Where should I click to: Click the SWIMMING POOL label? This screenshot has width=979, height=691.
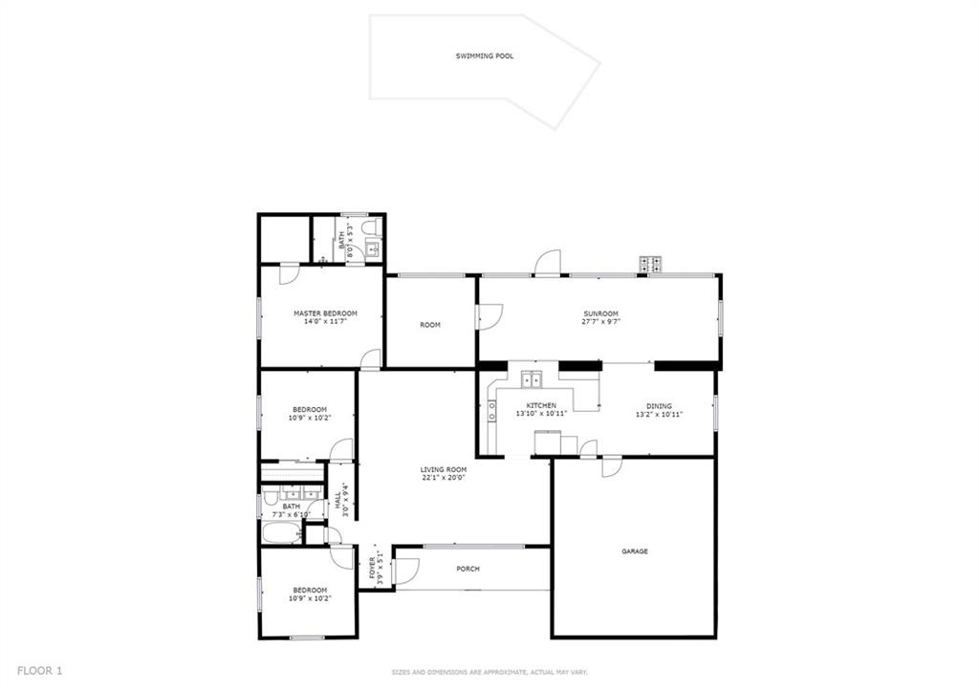[x=485, y=56]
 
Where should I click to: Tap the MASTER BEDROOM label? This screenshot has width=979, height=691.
[x=325, y=313]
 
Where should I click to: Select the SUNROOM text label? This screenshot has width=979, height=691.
[x=600, y=313]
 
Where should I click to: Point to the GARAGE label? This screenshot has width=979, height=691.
[x=635, y=551]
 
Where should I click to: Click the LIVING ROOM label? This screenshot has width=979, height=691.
[x=444, y=469]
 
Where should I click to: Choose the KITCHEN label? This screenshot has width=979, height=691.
[x=541, y=405]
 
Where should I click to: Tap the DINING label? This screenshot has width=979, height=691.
[x=660, y=406]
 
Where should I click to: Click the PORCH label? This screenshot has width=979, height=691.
[x=468, y=569]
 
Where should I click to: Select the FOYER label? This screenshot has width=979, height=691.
[x=373, y=568]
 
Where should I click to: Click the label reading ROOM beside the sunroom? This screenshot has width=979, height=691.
[x=429, y=325]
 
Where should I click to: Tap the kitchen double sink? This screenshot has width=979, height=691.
[x=532, y=378]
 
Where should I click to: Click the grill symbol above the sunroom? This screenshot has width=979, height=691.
[x=650, y=265]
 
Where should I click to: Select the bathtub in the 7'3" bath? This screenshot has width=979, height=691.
[x=281, y=533]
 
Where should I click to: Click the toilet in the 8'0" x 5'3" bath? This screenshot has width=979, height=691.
[x=373, y=227]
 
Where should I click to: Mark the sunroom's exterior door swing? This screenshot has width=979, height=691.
[x=550, y=262]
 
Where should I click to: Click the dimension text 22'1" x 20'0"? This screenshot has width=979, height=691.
[x=444, y=478]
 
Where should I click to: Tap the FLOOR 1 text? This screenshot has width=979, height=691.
[x=39, y=671]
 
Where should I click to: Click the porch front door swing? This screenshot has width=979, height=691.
[x=407, y=570]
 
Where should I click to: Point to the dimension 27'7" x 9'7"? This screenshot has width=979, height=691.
[x=600, y=322]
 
